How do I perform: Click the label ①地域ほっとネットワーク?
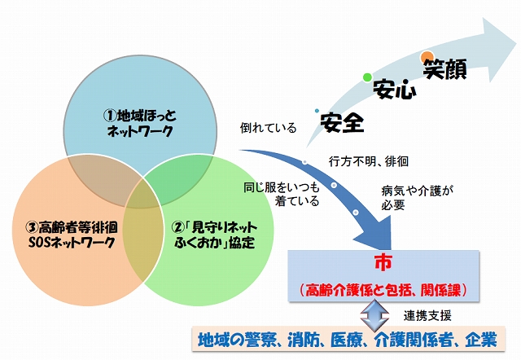[x=140, y=123]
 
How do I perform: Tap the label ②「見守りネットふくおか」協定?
[x=214, y=235]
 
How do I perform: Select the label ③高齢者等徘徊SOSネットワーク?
[x=72, y=235]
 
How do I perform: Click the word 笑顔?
[x=445, y=69]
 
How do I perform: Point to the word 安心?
[x=394, y=89]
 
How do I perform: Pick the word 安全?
[x=342, y=122]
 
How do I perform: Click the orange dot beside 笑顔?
[x=427, y=57]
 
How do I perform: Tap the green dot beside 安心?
[x=367, y=77]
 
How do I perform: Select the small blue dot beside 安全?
[x=317, y=111]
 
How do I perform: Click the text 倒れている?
[x=268, y=128]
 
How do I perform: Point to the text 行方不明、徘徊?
[x=369, y=161]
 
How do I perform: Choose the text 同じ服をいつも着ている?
[x=281, y=195]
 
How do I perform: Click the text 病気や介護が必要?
[x=418, y=198]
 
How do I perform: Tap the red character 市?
[x=383, y=263]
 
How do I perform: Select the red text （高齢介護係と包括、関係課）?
[x=383, y=290]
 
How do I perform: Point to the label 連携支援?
[x=427, y=316]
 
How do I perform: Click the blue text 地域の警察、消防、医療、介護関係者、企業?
[x=348, y=340]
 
